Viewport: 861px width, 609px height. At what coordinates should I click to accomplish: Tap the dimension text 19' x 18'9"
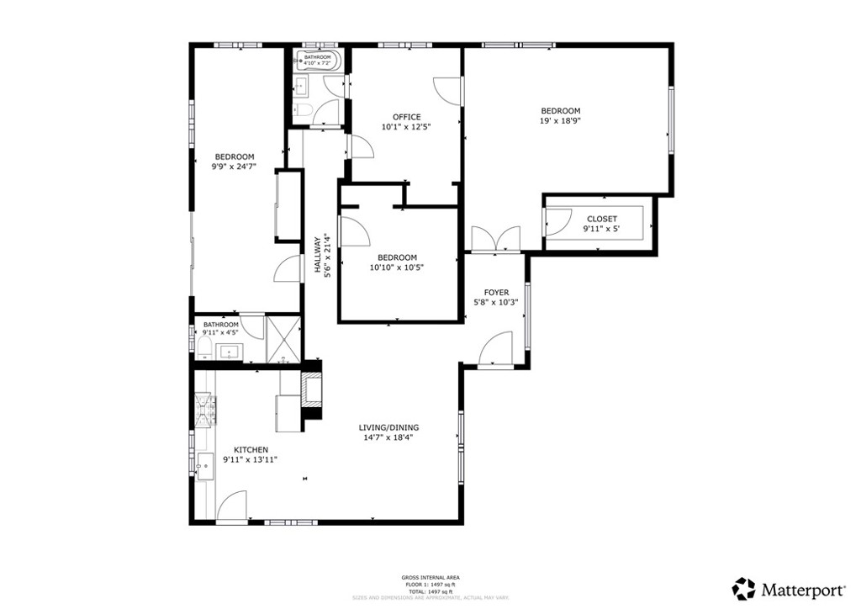tap(560, 121)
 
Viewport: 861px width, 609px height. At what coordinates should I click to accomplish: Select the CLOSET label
tap(601, 219)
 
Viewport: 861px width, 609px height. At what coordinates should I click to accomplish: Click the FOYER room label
tap(496, 293)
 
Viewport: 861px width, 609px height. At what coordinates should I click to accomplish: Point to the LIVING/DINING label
tap(390, 427)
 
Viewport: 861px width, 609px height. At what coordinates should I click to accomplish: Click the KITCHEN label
tap(251, 450)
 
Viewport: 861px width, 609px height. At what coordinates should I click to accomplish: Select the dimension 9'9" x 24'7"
tap(234, 167)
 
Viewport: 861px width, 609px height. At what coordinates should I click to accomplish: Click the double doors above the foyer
tap(496, 239)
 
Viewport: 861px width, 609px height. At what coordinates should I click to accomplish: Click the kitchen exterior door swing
tap(232, 507)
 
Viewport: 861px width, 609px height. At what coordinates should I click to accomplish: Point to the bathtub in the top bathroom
tap(318, 61)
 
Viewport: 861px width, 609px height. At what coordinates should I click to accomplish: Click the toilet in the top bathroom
tap(303, 110)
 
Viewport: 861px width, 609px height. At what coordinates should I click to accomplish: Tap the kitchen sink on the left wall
tap(203, 463)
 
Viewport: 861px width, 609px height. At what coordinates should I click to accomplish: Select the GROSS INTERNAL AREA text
tap(430, 577)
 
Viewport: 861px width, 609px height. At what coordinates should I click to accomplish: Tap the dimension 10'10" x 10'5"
tap(396, 267)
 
